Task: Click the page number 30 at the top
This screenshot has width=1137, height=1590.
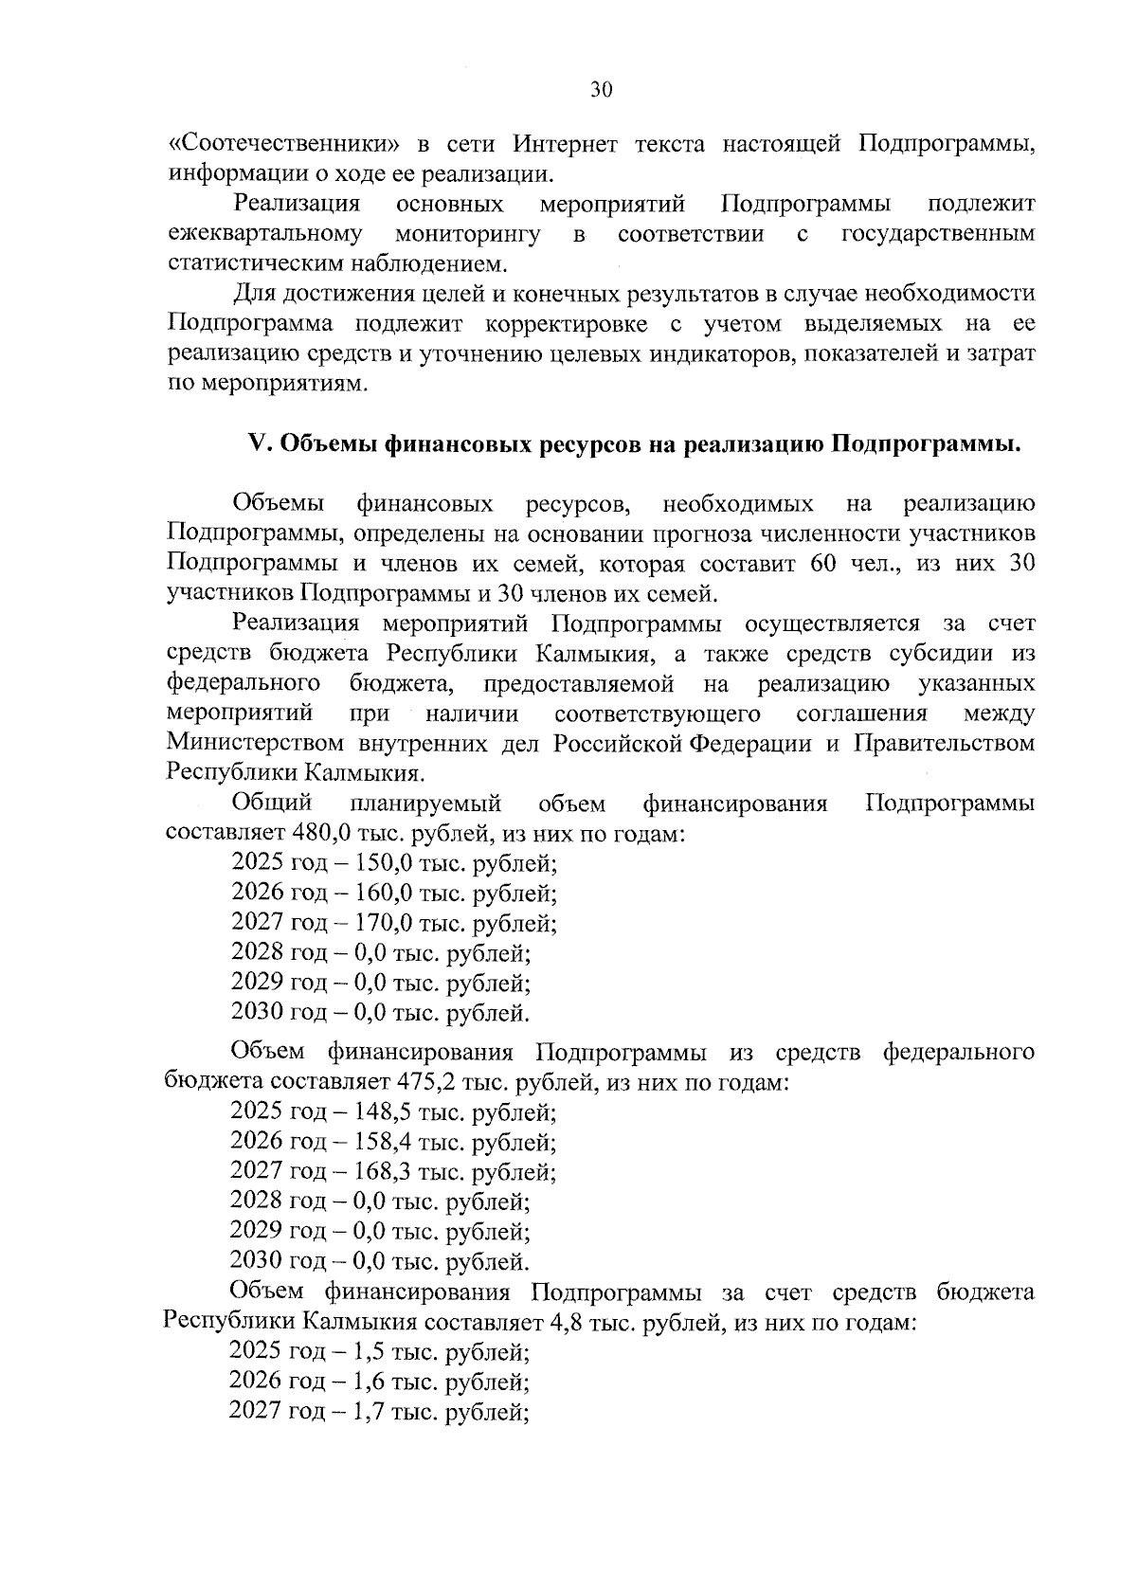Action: click(601, 90)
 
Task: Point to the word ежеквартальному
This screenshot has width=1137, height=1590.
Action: click(264, 234)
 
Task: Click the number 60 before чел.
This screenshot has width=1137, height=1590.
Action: click(823, 564)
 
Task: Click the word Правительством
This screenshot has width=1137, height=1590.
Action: click(944, 743)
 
